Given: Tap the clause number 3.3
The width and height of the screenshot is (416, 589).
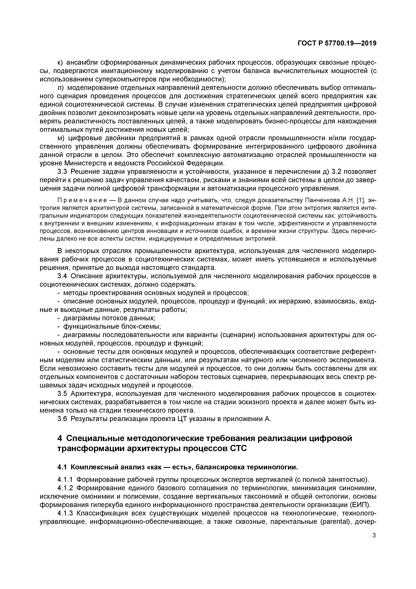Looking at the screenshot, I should click(x=62, y=172).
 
